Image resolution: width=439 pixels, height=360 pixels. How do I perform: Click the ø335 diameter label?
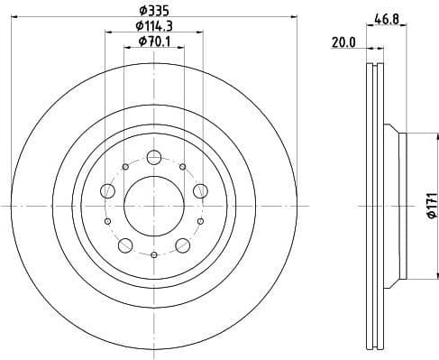[153, 12]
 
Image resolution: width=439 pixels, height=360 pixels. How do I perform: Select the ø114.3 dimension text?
[153, 26]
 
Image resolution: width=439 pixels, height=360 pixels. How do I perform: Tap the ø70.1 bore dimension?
[153, 42]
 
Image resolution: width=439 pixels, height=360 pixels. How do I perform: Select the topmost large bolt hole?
[153, 157]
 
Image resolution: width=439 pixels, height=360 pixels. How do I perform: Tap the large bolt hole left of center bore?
[108, 190]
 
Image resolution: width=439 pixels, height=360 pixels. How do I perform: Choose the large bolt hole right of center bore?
[198, 190]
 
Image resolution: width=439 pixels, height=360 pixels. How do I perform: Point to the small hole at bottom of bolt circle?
[153, 255]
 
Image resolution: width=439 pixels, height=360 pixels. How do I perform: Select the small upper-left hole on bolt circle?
[123, 167]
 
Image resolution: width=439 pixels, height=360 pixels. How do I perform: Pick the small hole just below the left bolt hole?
[107, 221]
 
